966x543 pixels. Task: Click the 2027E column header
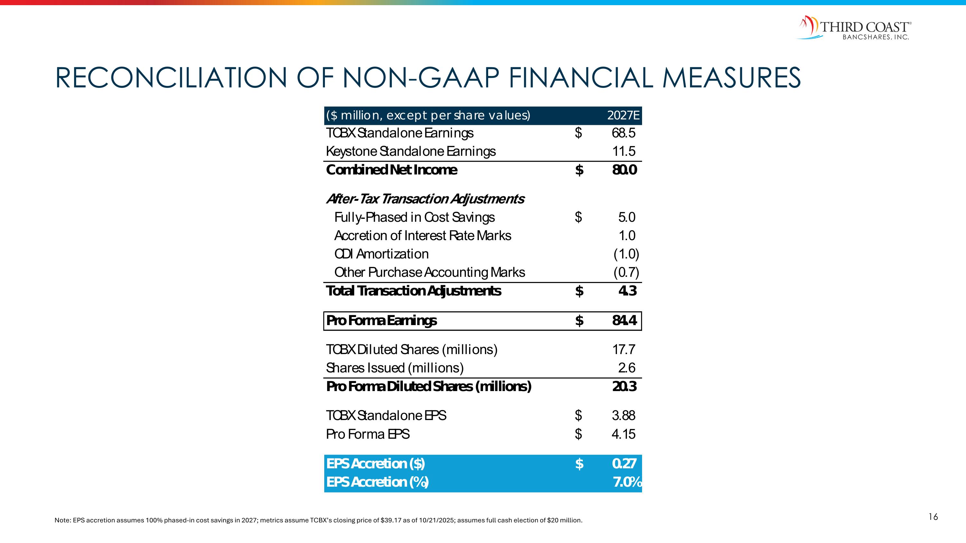coord(623,116)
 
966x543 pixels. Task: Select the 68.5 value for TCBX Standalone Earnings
coord(624,133)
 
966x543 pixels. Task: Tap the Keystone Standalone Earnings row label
coord(411,151)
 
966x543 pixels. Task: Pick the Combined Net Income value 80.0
coord(624,170)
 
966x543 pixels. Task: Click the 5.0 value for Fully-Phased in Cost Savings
coord(627,217)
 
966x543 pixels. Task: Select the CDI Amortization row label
coord(381,254)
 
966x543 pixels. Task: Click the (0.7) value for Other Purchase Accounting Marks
coord(626,272)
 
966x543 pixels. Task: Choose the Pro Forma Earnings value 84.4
coord(624,321)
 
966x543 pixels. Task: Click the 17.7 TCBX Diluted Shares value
coord(624,350)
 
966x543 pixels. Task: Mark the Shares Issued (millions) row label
coord(394,368)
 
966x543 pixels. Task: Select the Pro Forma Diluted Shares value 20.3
coord(624,386)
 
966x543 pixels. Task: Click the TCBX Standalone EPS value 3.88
coord(623,416)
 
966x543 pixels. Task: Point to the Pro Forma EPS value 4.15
coord(623,434)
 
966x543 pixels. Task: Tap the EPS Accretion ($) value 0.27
coord(624,464)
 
